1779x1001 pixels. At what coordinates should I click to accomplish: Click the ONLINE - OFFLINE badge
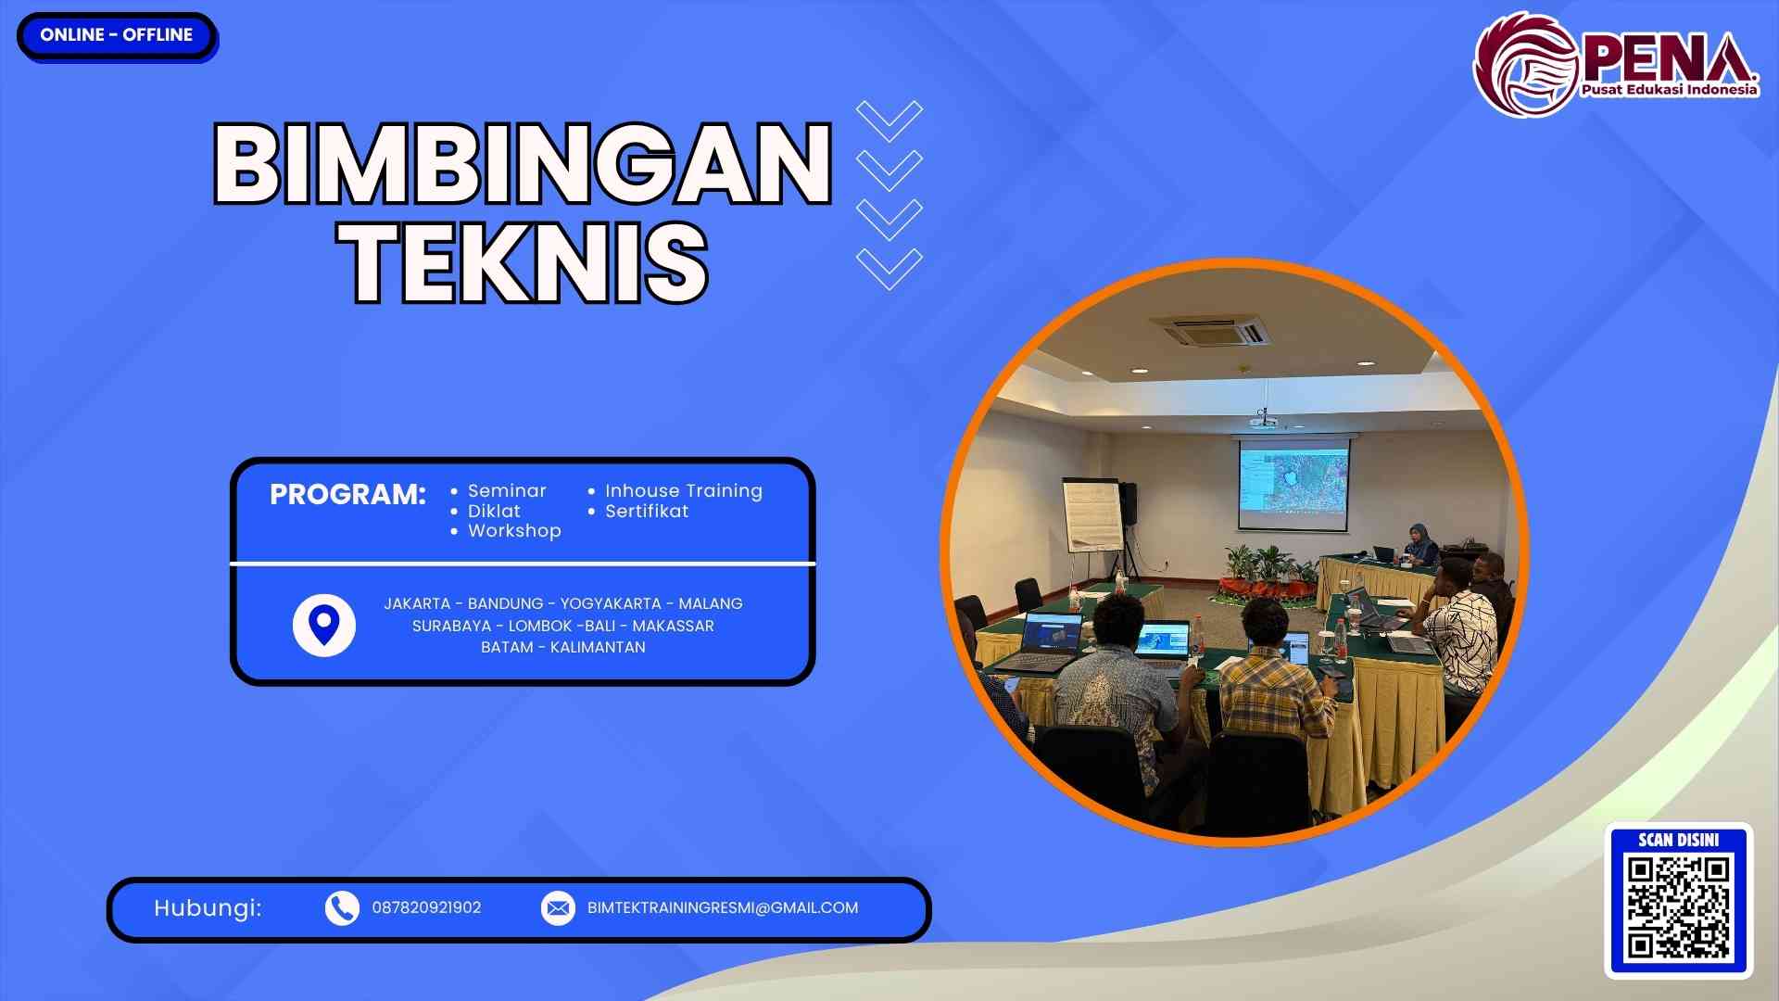117,35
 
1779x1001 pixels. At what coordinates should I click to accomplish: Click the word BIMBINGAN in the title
524,164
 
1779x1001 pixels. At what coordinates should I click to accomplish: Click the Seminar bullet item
506,491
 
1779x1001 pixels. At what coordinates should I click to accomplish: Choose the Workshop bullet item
513,531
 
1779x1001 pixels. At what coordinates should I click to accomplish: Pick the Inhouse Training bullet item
683,491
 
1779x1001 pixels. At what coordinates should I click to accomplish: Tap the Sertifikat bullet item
646,512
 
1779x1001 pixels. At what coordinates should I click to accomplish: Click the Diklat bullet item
493,512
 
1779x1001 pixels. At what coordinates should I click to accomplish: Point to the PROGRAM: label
347,495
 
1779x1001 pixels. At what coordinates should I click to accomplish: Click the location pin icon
323,625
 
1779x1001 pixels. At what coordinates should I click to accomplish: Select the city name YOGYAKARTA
611,604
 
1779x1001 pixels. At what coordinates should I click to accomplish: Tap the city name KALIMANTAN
598,648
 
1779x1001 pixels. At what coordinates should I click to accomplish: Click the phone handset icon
342,908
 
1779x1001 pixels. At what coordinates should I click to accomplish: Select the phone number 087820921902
426,908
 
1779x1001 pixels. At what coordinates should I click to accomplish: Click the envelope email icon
558,908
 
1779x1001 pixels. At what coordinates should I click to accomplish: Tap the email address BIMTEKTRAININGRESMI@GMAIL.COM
723,908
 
